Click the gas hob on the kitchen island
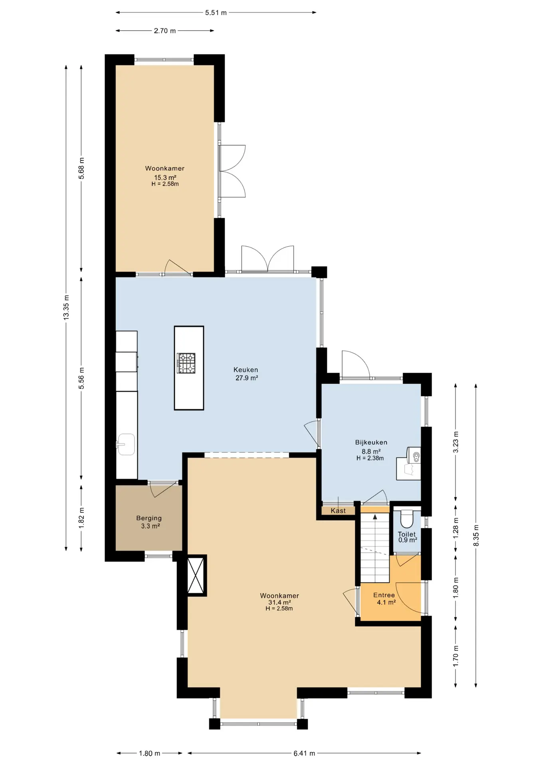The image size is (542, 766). tap(186, 363)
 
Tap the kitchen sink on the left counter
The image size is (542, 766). tap(126, 444)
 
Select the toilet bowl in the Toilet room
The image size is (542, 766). tap(407, 519)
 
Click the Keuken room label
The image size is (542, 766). tap(246, 370)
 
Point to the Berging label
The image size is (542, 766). tap(149, 518)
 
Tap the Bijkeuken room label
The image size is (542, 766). tap(371, 442)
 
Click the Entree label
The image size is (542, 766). tap(384, 595)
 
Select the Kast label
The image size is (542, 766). tap(338, 511)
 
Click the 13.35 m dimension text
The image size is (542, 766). tap(66, 307)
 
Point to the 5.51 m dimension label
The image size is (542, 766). tap(216, 13)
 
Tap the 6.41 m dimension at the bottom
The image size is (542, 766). tap(305, 753)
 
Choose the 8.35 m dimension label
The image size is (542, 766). tap(476, 536)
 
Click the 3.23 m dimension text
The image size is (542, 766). tap(456, 442)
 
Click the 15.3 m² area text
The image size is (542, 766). tap(165, 178)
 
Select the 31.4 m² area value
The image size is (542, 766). tap(279, 602)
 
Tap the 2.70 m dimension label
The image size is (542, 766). tap(165, 31)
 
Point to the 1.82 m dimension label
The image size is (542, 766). tap(81, 518)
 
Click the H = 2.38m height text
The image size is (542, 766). tap(370, 458)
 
